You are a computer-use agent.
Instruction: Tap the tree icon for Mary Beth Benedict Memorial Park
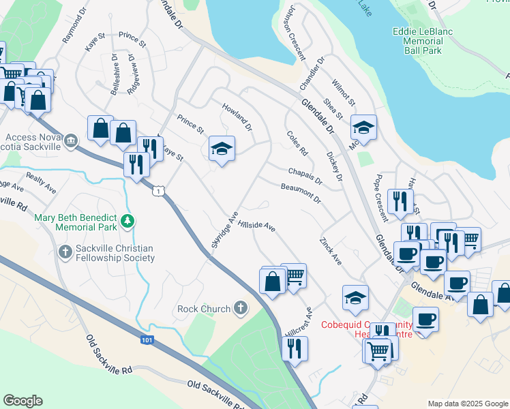tap(127, 221)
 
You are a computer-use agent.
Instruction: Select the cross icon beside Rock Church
tap(240, 309)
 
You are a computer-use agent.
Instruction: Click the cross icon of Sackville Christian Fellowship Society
tap(65, 252)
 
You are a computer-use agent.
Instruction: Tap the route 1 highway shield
tap(158, 192)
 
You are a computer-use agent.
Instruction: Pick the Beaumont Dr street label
tap(301, 192)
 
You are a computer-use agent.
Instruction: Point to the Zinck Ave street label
tap(330, 251)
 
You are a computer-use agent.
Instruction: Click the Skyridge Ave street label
tap(224, 234)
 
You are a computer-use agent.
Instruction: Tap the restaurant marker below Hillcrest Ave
tap(295, 348)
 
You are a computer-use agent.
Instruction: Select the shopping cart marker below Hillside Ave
tap(293, 276)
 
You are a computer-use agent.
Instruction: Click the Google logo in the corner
tap(22, 401)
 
